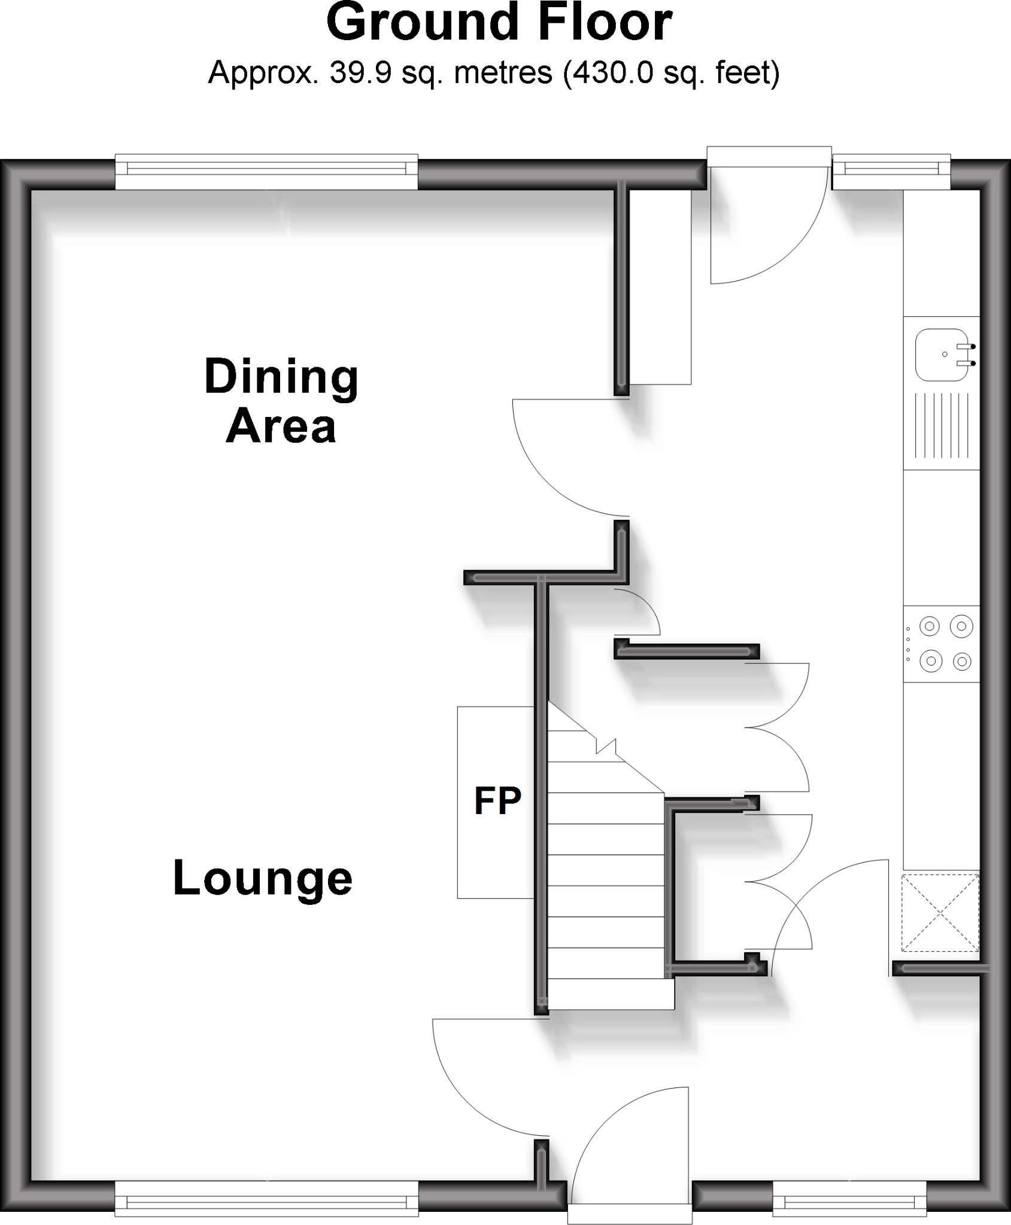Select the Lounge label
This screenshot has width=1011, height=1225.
click(x=262, y=878)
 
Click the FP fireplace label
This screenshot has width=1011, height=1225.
click(x=497, y=801)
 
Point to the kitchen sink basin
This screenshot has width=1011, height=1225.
click(x=941, y=355)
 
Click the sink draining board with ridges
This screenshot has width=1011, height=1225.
click(x=941, y=425)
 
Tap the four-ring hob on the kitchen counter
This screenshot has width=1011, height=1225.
click(x=942, y=644)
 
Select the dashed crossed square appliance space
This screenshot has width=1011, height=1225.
click(x=940, y=913)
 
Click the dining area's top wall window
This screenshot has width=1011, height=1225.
click(x=266, y=172)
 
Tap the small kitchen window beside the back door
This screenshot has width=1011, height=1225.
click(x=891, y=173)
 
